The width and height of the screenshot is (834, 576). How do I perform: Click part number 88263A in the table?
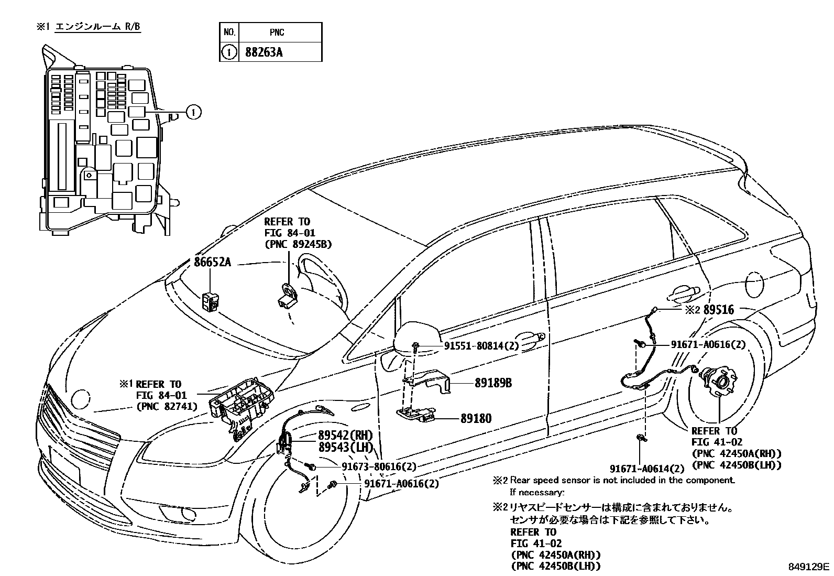[x=265, y=52]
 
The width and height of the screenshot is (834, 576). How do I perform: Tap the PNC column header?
[x=277, y=32]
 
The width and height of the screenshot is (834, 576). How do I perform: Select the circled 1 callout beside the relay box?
[x=193, y=112]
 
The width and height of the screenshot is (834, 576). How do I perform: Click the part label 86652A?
[x=212, y=262]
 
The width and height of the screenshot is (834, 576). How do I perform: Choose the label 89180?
[x=476, y=419]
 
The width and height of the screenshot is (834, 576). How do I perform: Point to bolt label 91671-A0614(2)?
[x=647, y=469]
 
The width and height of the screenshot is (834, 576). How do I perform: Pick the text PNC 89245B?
[x=298, y=244]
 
